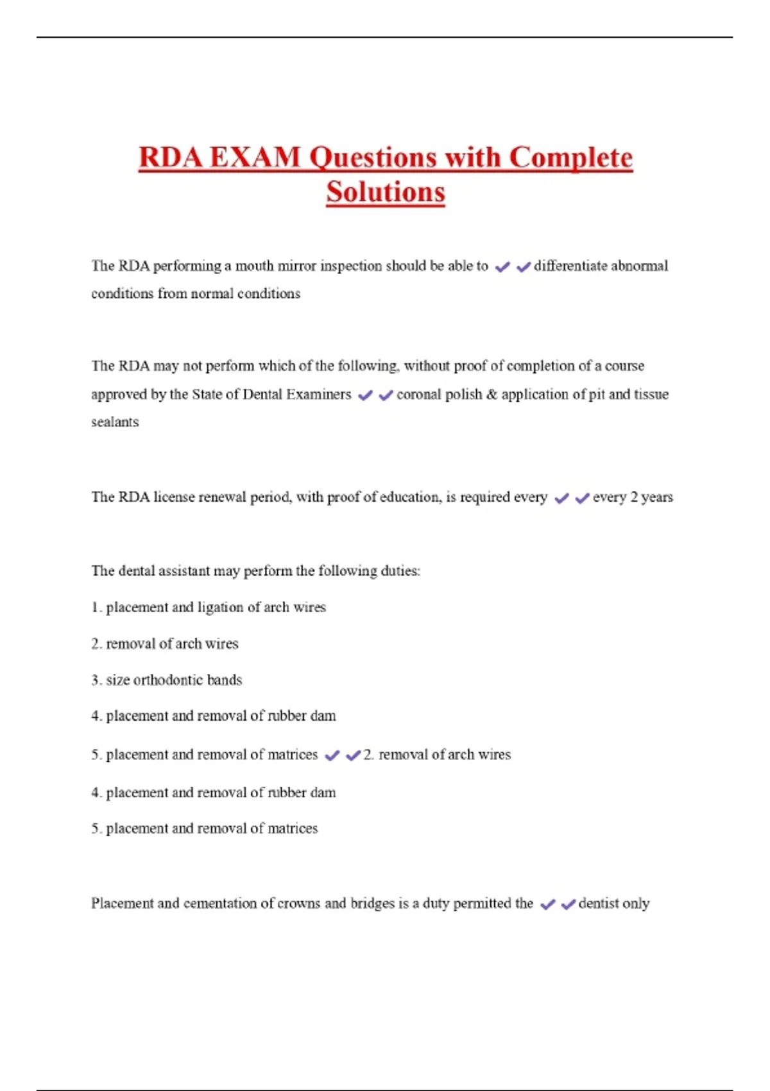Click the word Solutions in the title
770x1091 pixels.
coord(385,192)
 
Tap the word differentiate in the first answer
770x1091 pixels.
coord(570,266)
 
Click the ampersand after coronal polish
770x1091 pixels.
coord(492,394)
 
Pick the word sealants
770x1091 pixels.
coord(115,422)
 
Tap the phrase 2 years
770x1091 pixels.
coord(651,497)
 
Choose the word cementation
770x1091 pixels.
coord(219,904)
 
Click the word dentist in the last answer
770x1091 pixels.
coord(598,904)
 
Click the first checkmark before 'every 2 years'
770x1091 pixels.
coord(561,498)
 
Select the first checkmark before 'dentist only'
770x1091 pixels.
coord(547,905)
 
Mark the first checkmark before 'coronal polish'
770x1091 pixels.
coord(365,395)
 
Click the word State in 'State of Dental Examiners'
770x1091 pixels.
coord(207,394)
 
